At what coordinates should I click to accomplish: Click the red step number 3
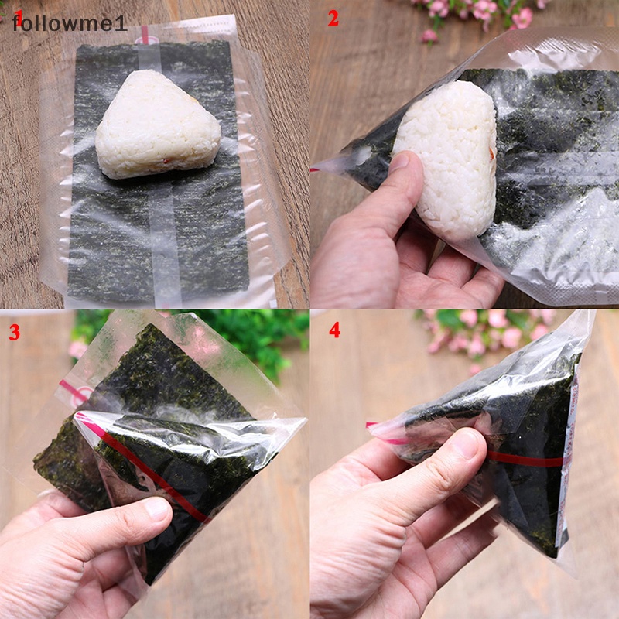tap(14, 333)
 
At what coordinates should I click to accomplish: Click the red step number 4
tap(333, 330)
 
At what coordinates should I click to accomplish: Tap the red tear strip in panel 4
tap(526, 460)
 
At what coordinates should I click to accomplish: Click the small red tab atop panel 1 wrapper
tap(144, 34)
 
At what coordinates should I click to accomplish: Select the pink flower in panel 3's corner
tap(77, 348)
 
